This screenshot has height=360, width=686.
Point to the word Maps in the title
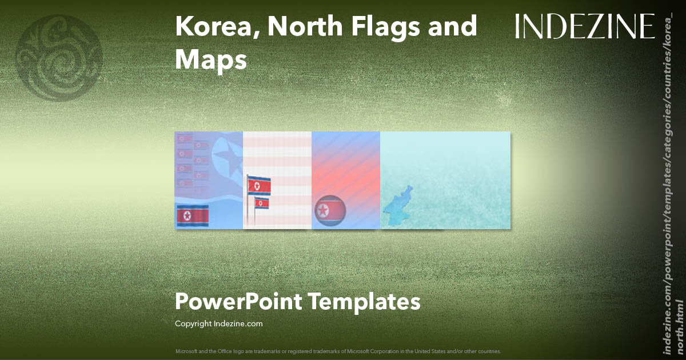210,60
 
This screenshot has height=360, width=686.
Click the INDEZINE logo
585,27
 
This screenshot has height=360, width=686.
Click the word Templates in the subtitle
365,301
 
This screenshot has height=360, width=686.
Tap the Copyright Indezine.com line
219,323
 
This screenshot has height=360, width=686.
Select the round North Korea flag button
330,211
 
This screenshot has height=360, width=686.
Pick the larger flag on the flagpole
259,186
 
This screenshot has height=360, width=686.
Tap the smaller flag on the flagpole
262,203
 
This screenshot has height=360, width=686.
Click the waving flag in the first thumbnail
193,216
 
